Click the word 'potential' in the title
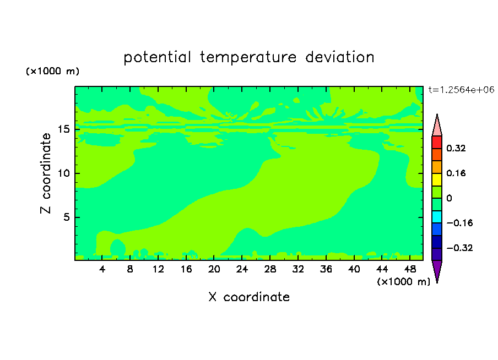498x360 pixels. click(x=157, y=57)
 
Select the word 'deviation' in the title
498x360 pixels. click(x=340, y=57)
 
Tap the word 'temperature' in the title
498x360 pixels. click(x=248, y=58)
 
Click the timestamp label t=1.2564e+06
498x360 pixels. click(x=461, y=90)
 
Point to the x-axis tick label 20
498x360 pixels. click(x=214, y=269)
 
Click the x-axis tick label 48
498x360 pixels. click(x=410, y=269)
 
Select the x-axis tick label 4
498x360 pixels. click(x=102, y=269)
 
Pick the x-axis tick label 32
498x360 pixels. click(x=298, y=269)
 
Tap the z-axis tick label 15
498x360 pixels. click(x=63, y=129)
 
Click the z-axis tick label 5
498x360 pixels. click(x=66, y=217)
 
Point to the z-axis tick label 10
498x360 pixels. click(x=63, y=173)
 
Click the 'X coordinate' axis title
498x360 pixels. click(x=249, y=297)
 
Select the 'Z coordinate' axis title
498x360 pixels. click(x=46, y=173)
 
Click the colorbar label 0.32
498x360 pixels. click(x=456, y=148)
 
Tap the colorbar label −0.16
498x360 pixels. click(x=459, y=223)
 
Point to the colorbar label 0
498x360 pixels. click(x=449, y=198)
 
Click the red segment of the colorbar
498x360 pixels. click(x=437, y=142)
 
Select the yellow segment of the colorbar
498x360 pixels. click(x=437, y=179)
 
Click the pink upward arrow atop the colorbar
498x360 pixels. click(x=437, y=126)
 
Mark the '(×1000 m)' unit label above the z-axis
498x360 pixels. click(x=53, y=71)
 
